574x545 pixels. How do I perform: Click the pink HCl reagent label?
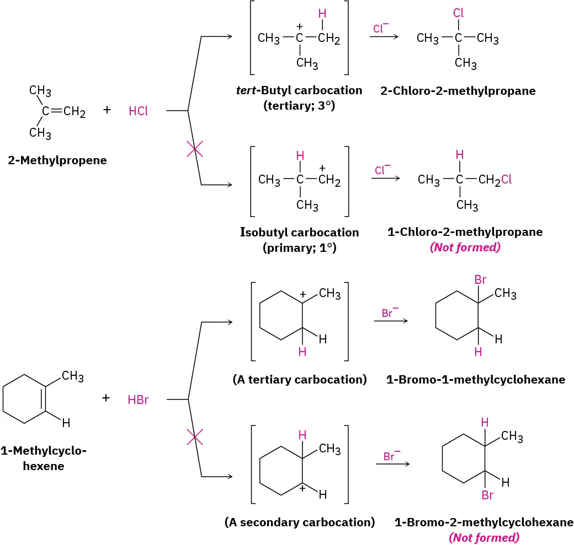click(138, 111)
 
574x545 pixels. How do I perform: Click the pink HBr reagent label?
click(138, 400)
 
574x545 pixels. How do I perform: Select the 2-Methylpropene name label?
click(57, 161)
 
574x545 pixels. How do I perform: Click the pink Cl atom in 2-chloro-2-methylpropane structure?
click(458, 12)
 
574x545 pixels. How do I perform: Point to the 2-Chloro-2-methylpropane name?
click(458, 91)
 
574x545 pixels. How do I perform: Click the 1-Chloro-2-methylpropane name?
click(465, 232)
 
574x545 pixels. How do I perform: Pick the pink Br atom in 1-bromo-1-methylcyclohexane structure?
click(480, 280)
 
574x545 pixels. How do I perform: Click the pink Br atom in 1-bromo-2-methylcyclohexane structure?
click(487, 495)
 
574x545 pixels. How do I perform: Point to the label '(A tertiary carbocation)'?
click(300, 379)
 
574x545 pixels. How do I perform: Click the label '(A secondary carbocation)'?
click(300, 522)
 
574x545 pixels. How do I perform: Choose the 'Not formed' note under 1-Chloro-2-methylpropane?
click(465, 247)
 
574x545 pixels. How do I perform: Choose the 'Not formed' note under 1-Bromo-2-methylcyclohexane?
click(483, 537)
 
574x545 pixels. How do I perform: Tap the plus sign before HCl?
click(107, 110)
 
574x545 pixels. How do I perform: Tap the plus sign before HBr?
click(107, 398)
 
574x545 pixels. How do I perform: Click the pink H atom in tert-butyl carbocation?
click(322, 12)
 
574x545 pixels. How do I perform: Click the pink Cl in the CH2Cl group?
click(506, 180)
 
